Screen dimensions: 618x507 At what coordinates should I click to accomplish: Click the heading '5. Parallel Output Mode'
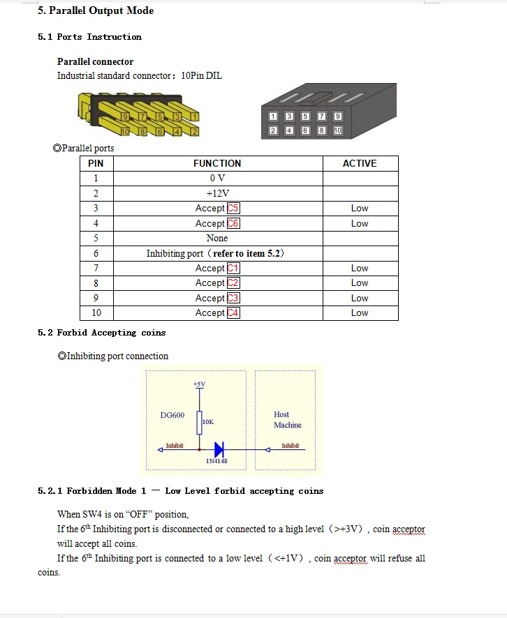pos(96,10)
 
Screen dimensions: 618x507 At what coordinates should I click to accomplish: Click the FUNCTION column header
pos(217,163)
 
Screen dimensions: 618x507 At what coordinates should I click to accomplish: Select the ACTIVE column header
pos(360,163)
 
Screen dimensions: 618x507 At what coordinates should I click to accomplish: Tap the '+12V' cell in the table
pos(217,193)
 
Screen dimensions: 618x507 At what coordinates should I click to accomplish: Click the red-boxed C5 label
pos(233,209)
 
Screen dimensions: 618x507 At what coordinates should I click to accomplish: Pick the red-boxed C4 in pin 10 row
pos(233,313)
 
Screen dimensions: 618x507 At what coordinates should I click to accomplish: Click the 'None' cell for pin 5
pos(217,238)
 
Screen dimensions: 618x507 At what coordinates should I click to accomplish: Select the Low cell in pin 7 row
pos(360,268)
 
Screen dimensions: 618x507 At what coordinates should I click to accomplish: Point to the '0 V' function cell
pos(217,179)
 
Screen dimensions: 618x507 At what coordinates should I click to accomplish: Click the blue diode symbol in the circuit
pos(218,450)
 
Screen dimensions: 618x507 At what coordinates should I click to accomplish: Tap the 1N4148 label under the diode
pos(216,461)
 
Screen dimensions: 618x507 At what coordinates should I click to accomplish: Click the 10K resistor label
pos(208,422)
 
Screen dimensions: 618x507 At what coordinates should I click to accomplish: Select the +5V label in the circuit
pos(199,384)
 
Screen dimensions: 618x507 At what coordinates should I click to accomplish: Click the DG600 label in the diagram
pos(172,415)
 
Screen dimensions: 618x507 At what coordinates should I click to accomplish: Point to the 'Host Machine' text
pos(287,419)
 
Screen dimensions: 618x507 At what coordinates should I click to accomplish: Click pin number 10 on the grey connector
pos(338,130)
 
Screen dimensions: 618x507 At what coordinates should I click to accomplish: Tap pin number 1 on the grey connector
pos(273,116)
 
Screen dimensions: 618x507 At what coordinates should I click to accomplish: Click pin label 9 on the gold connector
pos(126,116)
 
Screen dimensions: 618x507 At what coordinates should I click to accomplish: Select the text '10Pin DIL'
pos(201,75)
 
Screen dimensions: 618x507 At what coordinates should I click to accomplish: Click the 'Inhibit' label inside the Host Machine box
pos(290,446)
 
